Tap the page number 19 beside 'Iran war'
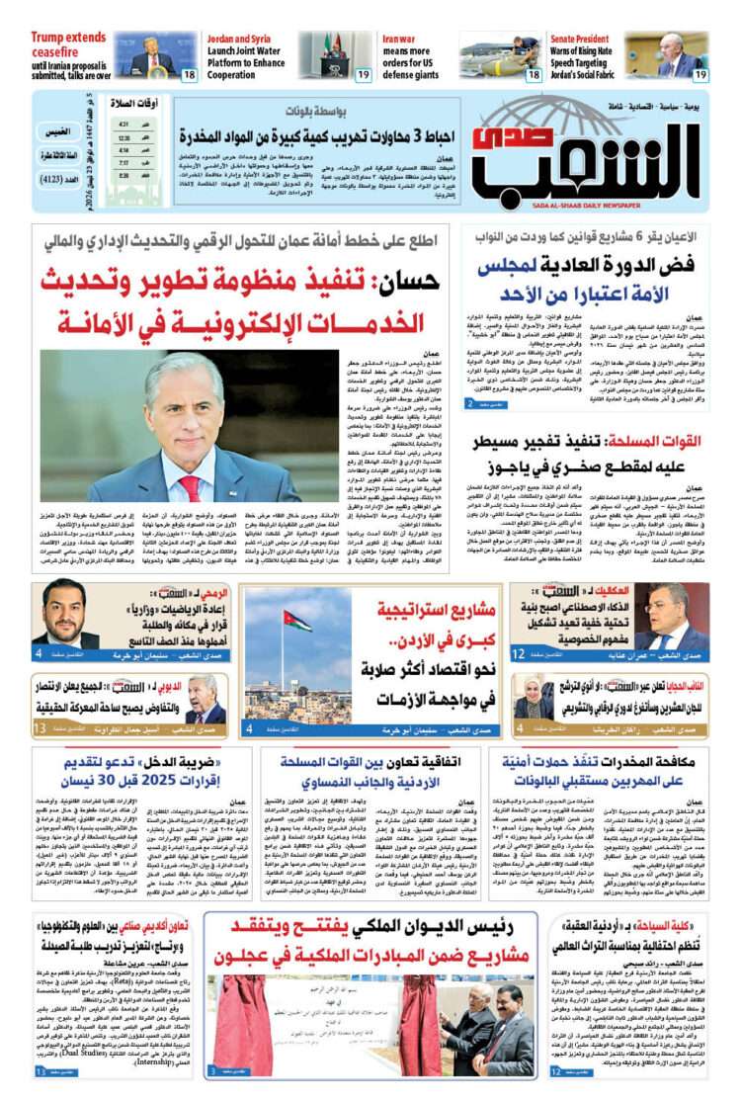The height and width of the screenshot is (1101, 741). [363, 75]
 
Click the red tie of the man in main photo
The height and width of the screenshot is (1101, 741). [189, 489]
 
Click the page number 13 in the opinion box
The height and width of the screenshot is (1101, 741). [40, 729]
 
